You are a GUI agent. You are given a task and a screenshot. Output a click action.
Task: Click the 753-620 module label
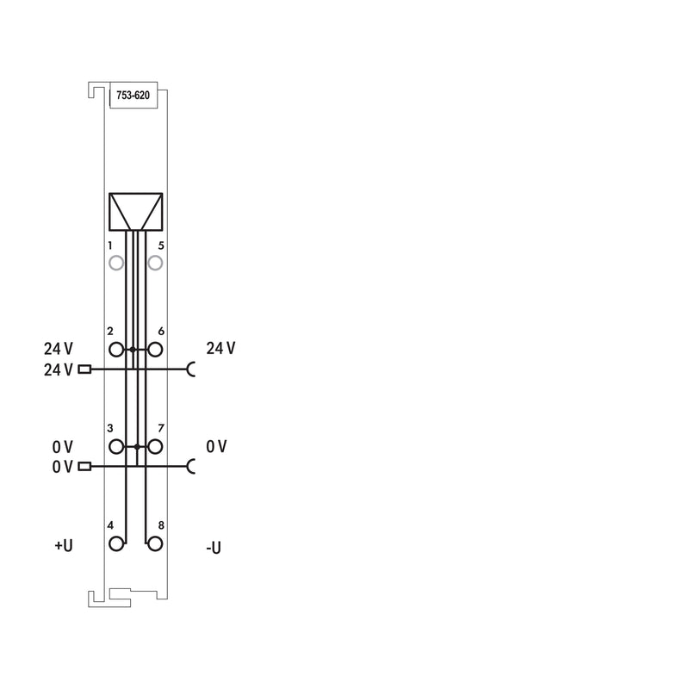(133, 96)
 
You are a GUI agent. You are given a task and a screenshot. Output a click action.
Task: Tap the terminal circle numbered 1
(116, 264)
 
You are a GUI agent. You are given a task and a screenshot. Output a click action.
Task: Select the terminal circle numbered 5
(155, 264)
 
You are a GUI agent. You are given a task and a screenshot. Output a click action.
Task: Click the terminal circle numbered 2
(116, 350)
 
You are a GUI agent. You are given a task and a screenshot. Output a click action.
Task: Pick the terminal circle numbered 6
(155, 350)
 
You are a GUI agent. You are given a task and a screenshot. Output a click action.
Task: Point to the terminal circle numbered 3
(116, 447)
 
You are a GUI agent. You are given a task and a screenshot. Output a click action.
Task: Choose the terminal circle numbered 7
(155, 447)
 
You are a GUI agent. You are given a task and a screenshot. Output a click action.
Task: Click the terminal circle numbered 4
(116, 544)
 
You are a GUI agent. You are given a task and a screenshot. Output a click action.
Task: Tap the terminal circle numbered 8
(155, 544)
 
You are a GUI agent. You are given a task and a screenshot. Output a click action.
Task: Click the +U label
(63, 545)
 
